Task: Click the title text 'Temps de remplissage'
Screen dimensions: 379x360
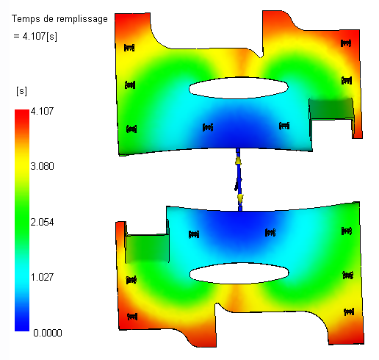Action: (59, 19)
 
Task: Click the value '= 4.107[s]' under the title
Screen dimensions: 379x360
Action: (35, 36)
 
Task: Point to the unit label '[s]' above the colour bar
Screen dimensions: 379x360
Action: (21, 91)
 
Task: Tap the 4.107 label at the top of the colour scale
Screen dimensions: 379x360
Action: (42, 111)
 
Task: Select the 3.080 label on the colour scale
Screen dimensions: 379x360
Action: (42, 166)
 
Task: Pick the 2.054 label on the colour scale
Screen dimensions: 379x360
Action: (42, 222)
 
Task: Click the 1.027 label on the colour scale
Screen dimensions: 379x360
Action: (42, 277)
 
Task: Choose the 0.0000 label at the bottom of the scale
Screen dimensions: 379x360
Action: (48, 333)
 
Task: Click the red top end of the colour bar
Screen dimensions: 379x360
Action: (22, 112)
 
